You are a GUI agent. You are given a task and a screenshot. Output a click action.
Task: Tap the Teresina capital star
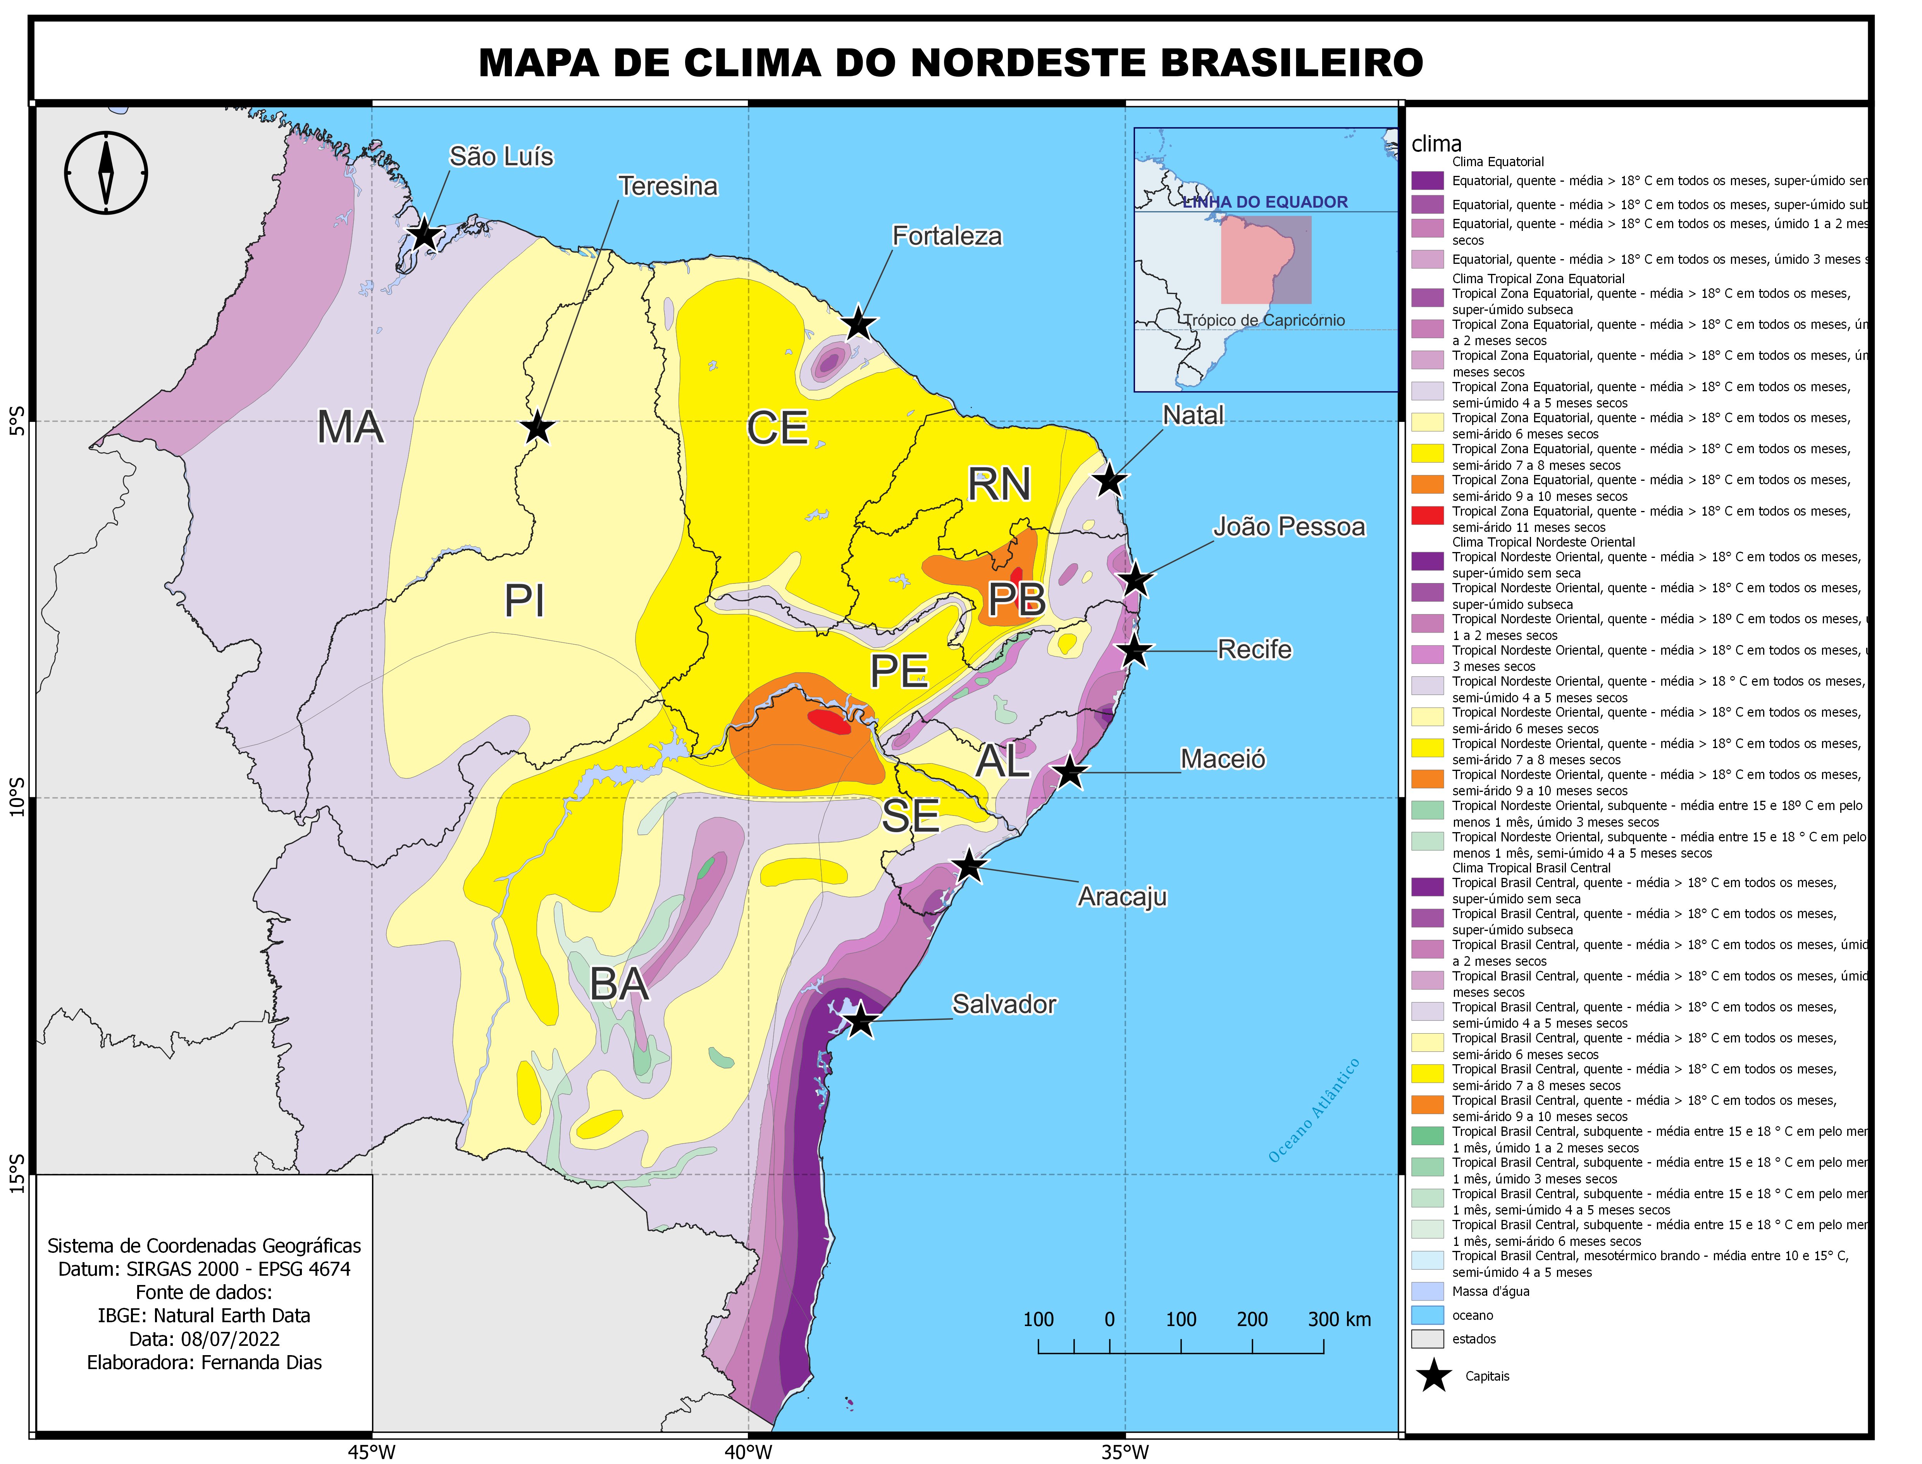coord(538,428)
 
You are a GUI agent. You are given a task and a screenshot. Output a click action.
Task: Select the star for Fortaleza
coord(859,323)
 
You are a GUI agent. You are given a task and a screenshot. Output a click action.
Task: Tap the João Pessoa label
coord(1289,526)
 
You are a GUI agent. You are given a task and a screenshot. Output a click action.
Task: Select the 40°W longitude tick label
coord(748,1452)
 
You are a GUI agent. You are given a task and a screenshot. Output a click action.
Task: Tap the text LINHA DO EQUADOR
coord(1265,202)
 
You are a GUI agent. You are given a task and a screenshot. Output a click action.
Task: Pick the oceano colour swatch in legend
coord(1427,1315)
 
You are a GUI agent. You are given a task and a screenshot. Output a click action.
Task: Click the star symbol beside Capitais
coord(1434,1377)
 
